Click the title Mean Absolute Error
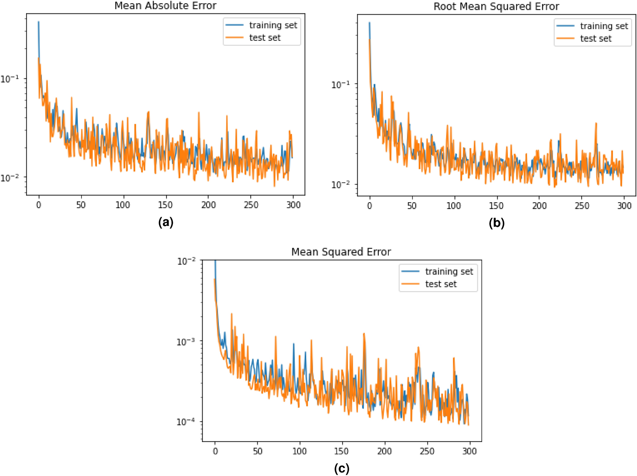pyautogui.click(x=165, y=6)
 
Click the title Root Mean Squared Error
pyautogui.click(x=496, y=7)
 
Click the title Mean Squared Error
pyautogui.click(x=341, y=252)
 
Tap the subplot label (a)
pyautogui.click(x=166, y=222)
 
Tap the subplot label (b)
pyautogui.click(x=497, y=223)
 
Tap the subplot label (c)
pyautogui.click(x=342, y=468)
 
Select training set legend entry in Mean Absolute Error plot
pyautogui.click(x=273, y=25)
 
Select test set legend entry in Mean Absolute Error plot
pyautogui.click(x=265, y=38)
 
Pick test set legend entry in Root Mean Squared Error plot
pyautogui.click(x=595, y=39)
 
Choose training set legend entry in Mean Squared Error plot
pyautogui.click(x=449, y=272)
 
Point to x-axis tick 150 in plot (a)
pyautogui.click(x=165, y=205)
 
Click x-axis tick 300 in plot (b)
pyautogui.click(x=624, y=206)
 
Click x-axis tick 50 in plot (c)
pyautogui.click(x=257, y=451)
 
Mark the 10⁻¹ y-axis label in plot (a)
pyautogui.click(x=9, y=79)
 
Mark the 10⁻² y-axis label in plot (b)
pyautogui.click(x=340, y=184)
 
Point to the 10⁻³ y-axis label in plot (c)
pyautogui.click(x=185, y=342)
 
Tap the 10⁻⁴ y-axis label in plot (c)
pyautogui.click(x=185, y=422)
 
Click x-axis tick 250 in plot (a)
pyautogui.click(x=251, y=205)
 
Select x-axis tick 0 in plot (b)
pyautogui.click(x=369, y=206)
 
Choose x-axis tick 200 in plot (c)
pyautogui.click(x=384, y=451)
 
